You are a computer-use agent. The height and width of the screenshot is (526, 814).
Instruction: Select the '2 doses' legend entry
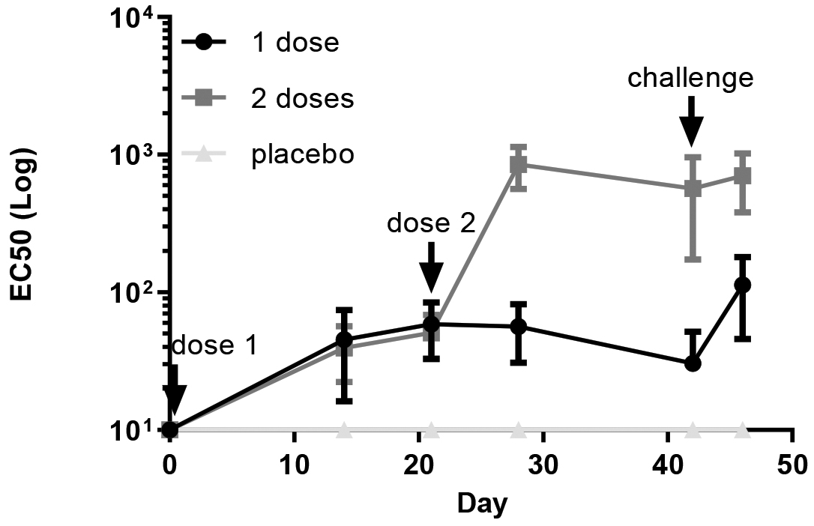(302, 98)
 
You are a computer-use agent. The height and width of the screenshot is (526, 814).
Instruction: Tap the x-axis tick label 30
(544, 462)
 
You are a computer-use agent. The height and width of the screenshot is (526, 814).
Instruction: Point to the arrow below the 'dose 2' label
(431, 266)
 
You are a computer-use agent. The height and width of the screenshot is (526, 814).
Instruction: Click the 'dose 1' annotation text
(215, 346)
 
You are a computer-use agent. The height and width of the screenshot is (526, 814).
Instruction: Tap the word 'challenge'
(690, 77)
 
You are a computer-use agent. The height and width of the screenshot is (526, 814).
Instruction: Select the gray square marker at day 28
(518, 165)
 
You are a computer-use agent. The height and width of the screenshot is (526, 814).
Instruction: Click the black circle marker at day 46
(743, 285)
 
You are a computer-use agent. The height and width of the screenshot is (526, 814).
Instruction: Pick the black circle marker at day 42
(693, 363)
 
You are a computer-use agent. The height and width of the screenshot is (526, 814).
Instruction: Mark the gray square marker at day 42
(693, 189)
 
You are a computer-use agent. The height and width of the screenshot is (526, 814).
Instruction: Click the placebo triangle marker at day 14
(344, 429)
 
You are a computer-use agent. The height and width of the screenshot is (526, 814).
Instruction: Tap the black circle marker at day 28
(518, 327)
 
